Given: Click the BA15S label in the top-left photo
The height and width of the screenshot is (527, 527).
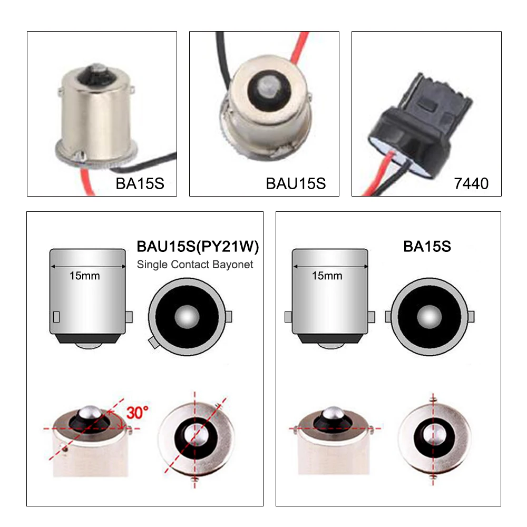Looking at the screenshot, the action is coord(140,183).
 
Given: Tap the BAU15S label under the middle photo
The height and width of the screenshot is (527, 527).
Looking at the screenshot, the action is coord(296,183).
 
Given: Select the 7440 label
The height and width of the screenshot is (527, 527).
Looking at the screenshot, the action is coord(471,183).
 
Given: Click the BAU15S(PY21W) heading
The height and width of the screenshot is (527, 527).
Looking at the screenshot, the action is coord(198,246).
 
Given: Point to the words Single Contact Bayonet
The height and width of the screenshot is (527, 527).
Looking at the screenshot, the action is coord(195,265).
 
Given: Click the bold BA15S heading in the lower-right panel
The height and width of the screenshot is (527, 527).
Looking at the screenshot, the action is coord(427,246).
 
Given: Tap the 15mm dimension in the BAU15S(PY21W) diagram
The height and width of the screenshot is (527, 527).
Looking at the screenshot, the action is coord(85,276).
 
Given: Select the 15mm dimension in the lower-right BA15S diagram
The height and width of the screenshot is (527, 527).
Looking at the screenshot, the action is coord(327,276).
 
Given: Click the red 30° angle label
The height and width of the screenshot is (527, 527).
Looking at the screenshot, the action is coord(138,413).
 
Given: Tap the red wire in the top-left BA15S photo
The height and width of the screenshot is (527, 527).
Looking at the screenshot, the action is coord(86,181).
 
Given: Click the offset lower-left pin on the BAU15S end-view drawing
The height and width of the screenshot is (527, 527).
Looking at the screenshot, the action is coord(153,343).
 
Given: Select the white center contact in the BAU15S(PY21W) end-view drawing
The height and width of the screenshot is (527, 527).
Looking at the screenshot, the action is coord(187,317).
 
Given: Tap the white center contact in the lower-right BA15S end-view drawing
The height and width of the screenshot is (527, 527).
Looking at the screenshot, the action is coord(429,317).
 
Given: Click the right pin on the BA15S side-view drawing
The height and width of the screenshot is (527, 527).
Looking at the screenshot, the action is coord(372,317).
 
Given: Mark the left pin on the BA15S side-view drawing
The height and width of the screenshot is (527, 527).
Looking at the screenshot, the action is coord(288,317).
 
